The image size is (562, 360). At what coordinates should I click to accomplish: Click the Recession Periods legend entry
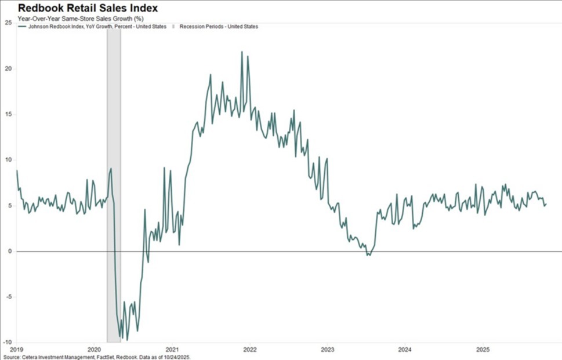click(218, 27)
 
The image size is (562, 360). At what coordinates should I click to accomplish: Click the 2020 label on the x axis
click(95, 350)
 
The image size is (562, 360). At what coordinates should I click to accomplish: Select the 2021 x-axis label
click(172, 350)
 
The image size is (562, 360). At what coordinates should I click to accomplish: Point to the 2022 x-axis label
click(250, 350)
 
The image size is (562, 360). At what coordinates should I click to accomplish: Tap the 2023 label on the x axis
click(328, 350)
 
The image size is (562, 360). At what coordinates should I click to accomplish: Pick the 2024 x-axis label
click(405, 350)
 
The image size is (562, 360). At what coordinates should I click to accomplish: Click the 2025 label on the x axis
click(483, 350)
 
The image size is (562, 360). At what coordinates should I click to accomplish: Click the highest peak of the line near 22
click(242, 52)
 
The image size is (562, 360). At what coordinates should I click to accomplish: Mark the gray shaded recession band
click(114, 174)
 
